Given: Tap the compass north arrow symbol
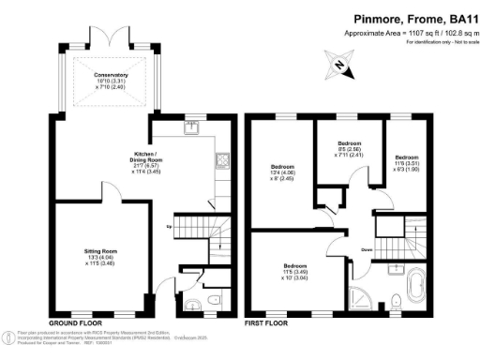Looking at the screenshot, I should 337,65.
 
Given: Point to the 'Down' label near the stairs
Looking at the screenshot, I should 368,249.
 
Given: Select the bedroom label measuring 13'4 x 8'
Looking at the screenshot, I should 284,172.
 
